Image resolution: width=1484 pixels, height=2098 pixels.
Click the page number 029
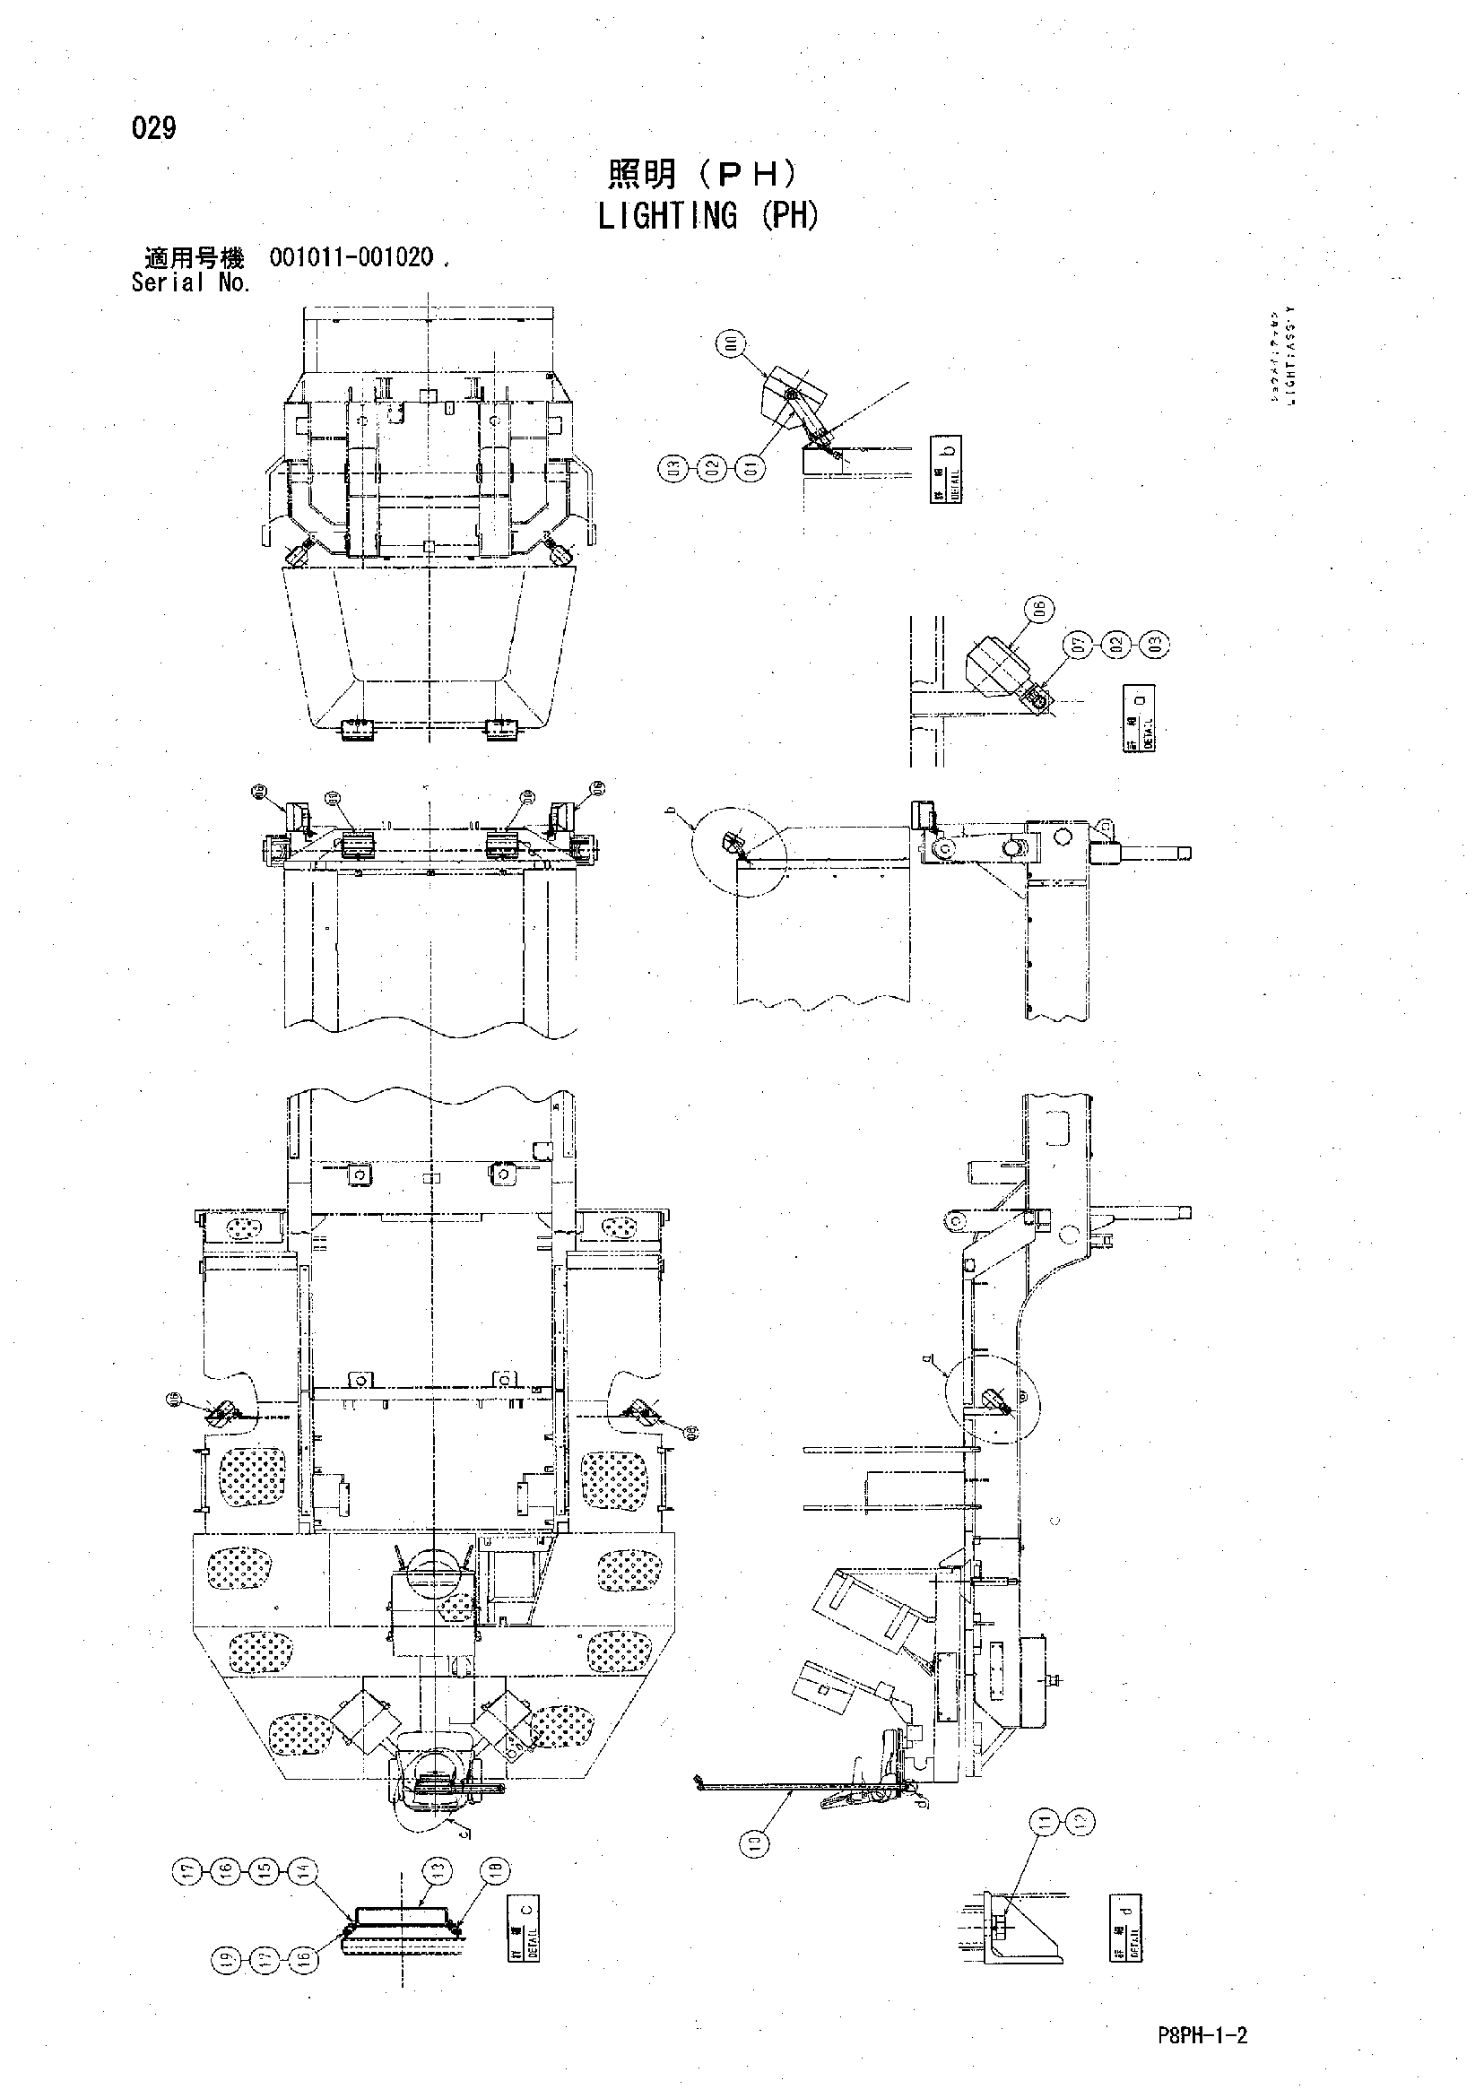[153, 129]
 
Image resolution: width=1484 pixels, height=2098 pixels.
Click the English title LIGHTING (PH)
[708, 217]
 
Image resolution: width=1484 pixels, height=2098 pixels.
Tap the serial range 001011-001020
[351, 257]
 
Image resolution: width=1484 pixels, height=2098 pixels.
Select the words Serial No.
[190, 283]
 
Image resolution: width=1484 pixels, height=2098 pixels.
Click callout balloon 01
[752, 469]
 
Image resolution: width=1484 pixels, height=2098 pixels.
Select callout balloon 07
[1080, 646]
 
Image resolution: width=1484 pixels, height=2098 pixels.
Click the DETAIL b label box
[946, 469]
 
